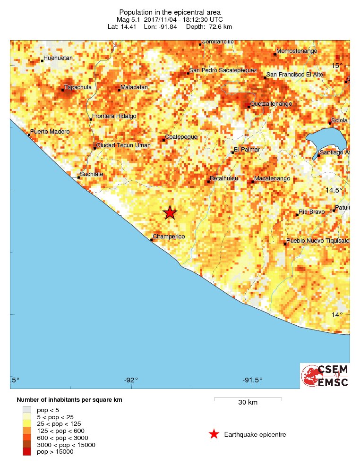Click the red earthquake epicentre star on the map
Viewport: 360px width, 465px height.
[x=170, y=213]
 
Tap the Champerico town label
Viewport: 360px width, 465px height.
[x=169, y=237]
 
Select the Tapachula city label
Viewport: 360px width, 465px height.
[x=78, y=87]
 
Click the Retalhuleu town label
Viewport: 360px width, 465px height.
[x=223, y=178]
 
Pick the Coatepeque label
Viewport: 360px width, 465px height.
[x=180, y=136]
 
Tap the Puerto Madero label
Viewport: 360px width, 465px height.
[x=50, y=132]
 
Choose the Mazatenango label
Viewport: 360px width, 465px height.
[x=272, y=178]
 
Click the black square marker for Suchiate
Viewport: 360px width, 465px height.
[x=79, y=178]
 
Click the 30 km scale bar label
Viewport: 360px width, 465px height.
[x=248, y=403]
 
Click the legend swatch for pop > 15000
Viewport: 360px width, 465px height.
[x=27, y=452]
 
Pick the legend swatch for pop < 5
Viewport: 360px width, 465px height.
[x=27, y=410]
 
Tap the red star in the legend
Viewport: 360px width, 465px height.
[x=214, y=434]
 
